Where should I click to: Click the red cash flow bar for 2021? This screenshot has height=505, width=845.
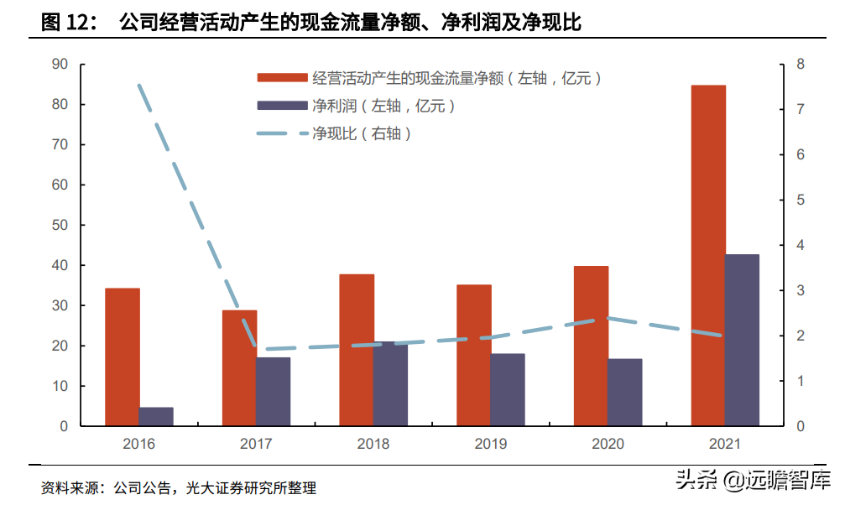tap(708, 255)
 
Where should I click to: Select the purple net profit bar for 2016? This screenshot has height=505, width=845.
tap(156, 416)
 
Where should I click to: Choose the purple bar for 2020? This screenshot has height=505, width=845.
tap(624, 392)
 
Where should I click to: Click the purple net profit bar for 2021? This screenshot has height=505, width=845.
tap(742, 340)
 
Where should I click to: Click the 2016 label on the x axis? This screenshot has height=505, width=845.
tap(139, 444)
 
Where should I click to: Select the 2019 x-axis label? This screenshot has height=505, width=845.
tap(491, 444)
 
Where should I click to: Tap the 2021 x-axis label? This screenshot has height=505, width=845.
tap(725, 444)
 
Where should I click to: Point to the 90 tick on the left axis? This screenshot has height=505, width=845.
tap(60, 65)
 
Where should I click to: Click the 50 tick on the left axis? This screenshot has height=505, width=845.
tap(60, 226)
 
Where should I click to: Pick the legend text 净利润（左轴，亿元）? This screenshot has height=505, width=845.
tap(384, 106)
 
